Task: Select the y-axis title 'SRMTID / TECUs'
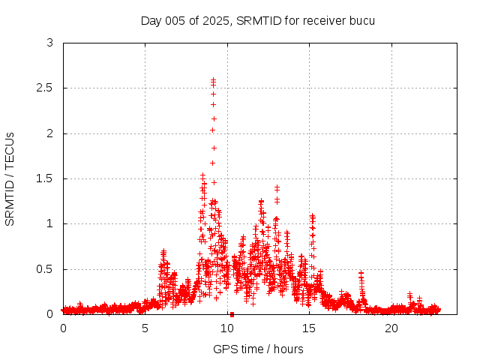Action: click(x=10, y=178)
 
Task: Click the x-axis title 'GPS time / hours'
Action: click(x=258, y=349)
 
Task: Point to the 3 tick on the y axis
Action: click(x=49, y=43)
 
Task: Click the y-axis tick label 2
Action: click(x=49, y=133)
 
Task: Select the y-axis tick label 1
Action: click(x=49, y=223)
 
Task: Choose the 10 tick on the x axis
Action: click(x=227, y=328)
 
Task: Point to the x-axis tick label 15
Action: click(x=310, y=328)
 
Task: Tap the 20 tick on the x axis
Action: click(x=391, y=328)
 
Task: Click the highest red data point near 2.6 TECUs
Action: click(x=213, y=79)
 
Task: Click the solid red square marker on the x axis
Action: click(x=232, y=314)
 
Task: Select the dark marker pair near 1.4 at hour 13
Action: click(x=277, y=187)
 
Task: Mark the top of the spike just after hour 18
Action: click(x=361, y=273)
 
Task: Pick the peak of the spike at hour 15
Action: click(x=312, y=216)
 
